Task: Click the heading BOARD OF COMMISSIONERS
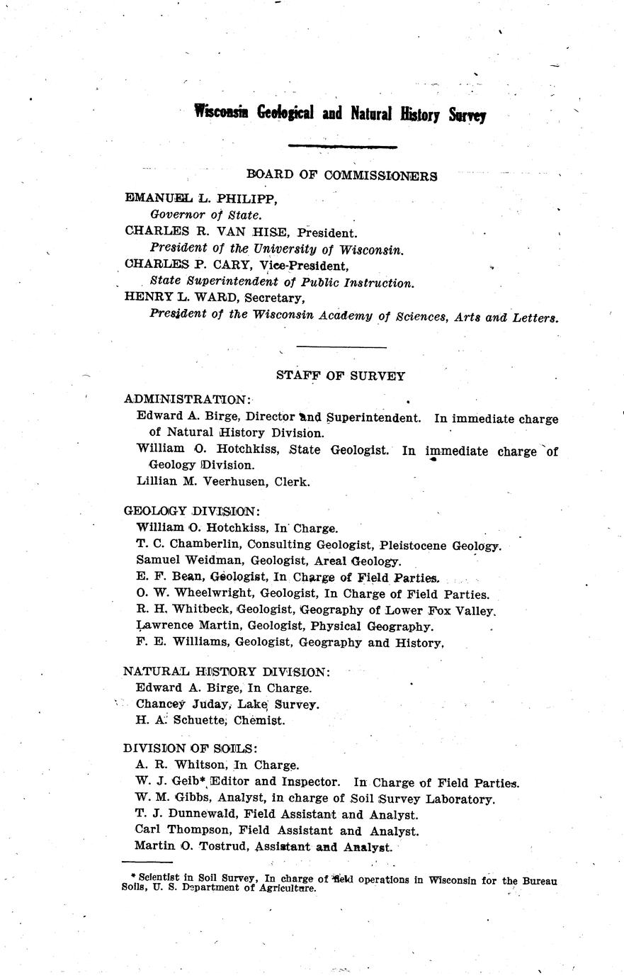[341, 176]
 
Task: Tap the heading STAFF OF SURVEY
[341, 376]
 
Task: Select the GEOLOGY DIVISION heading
[191, 511]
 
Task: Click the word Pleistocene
[416, 545]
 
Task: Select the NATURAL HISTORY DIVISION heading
[227, 671]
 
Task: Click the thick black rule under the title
[344, 146]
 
